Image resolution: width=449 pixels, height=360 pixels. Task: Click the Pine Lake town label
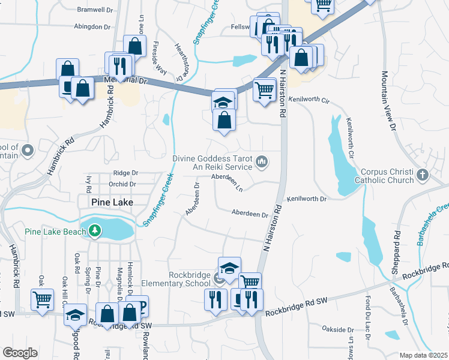click(111, 202)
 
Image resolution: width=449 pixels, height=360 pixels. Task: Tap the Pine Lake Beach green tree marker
click(94, 230)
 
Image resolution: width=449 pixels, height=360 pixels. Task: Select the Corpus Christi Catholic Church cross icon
click(423, 175)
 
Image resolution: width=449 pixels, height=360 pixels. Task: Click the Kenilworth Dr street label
click(306, 199)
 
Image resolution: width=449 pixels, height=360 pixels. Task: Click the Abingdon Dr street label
click(92, 27)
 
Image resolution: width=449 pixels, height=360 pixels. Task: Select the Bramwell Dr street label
click(95, 10)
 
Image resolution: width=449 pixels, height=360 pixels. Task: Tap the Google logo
click(20, 352)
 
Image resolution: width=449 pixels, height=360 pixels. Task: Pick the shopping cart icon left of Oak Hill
click(42, 299)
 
